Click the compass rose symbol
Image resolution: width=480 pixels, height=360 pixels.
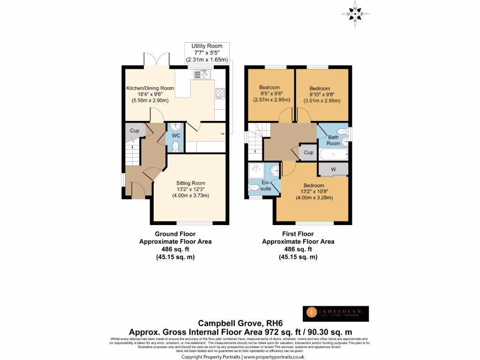(x=355, y=15)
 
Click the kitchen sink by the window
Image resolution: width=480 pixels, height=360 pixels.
(x=202, y=74)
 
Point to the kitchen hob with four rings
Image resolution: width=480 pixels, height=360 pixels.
(x=220, y=93)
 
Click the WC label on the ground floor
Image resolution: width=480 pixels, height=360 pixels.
(x=176, y=135)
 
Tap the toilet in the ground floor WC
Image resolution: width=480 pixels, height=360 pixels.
(x=175, y=146)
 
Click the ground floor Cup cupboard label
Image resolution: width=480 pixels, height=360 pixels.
(x=135, y=131)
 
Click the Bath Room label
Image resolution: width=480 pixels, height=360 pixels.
(x=333, y=140)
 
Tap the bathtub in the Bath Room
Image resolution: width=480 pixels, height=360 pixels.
(x=333, y=154)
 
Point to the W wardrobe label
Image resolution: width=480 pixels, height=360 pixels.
(x=333, y=169)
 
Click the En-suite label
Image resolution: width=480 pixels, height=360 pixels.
(x=265, y=185)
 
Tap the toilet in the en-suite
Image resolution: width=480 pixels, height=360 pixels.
(x=255, y=187)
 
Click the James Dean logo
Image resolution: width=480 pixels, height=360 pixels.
(x=335, y=314)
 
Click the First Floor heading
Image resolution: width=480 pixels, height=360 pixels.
(x=298, y=234)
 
